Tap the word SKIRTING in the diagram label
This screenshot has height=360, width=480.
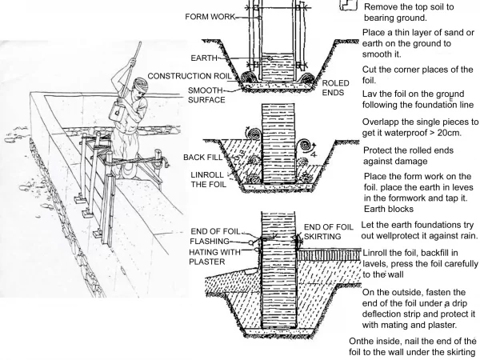tap(328, 238)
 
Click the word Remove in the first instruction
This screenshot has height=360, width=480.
tap(385, 6)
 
